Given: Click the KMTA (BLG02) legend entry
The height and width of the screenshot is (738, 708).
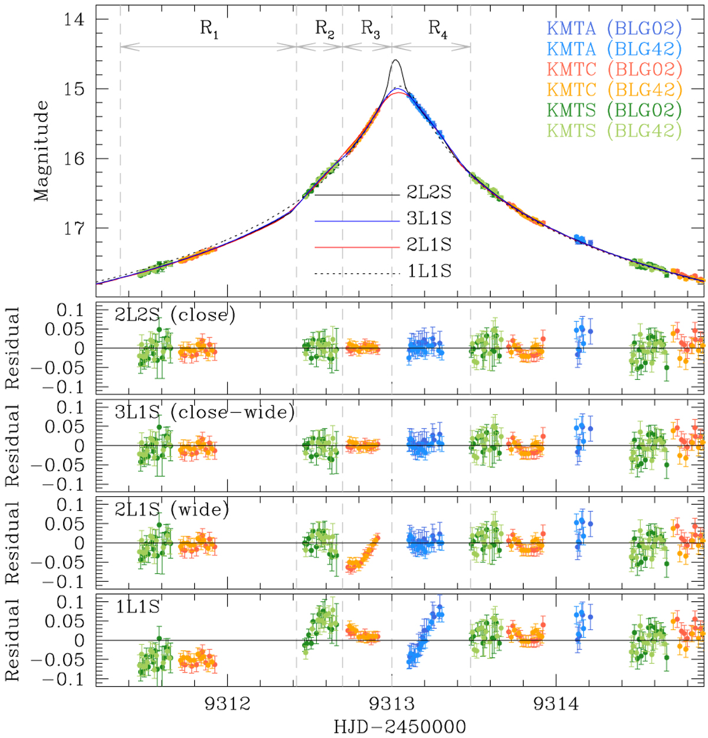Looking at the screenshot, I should [614, 28].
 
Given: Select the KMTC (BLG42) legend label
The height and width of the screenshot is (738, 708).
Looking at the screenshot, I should [614, 90].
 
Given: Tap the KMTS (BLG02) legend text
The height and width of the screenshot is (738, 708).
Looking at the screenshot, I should [614, 110].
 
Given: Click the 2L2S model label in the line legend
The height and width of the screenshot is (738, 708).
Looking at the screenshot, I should [429, 193].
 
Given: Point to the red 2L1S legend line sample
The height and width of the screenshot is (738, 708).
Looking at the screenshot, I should [358, 247].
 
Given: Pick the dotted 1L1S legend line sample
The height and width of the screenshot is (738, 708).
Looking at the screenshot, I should [358, 273].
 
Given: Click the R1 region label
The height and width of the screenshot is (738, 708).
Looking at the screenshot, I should [209, 28].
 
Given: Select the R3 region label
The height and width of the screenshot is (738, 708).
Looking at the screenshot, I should [370, 28].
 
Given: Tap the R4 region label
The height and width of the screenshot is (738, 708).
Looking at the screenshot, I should [437, 28].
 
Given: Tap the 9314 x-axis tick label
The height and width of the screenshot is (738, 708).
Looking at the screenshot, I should [555, 704].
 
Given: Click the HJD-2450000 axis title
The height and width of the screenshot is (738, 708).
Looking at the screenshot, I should [399, 727].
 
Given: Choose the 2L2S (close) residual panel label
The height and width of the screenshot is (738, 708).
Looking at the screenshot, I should [175, 314].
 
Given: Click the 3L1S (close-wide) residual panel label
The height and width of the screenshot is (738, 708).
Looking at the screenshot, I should [204, 412].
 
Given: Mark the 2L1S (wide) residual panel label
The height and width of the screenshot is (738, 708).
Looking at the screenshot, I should [172, 509].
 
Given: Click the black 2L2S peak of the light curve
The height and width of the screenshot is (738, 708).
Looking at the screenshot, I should [395, 60].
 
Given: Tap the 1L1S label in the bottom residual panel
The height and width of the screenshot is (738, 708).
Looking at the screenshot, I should [138, 606].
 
